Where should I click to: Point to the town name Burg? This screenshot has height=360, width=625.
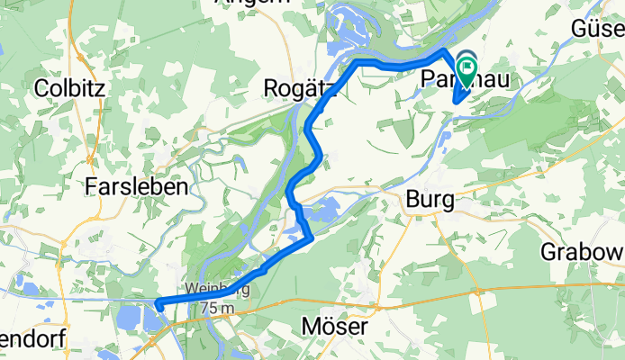click(429, 200)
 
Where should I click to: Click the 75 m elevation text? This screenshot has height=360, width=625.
click(216, 309)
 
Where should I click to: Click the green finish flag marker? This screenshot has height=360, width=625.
click(467, 67)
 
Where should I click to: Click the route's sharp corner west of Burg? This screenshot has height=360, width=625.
click(310, 238)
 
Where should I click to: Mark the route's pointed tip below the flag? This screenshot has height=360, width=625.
click(457, 100)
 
